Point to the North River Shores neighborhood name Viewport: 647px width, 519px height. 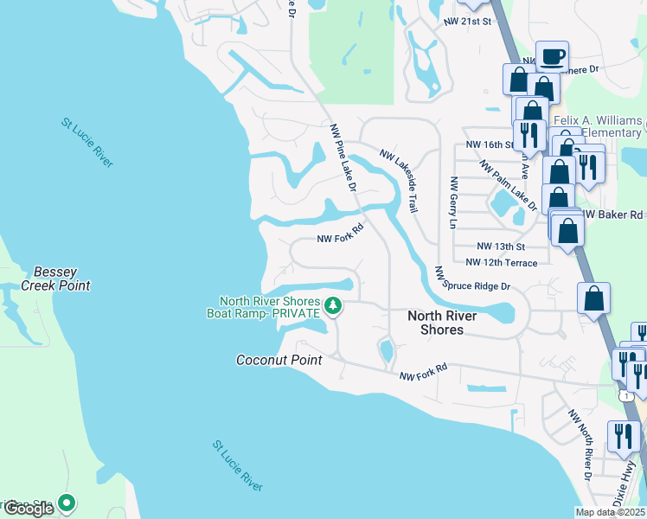442,323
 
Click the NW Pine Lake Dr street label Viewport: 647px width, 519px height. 343,157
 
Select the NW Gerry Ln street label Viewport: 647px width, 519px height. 452,203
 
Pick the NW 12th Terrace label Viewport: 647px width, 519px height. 501,263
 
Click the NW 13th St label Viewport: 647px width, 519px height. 500,246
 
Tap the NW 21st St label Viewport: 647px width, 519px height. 467,20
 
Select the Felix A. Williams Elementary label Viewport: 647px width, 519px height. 597,126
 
